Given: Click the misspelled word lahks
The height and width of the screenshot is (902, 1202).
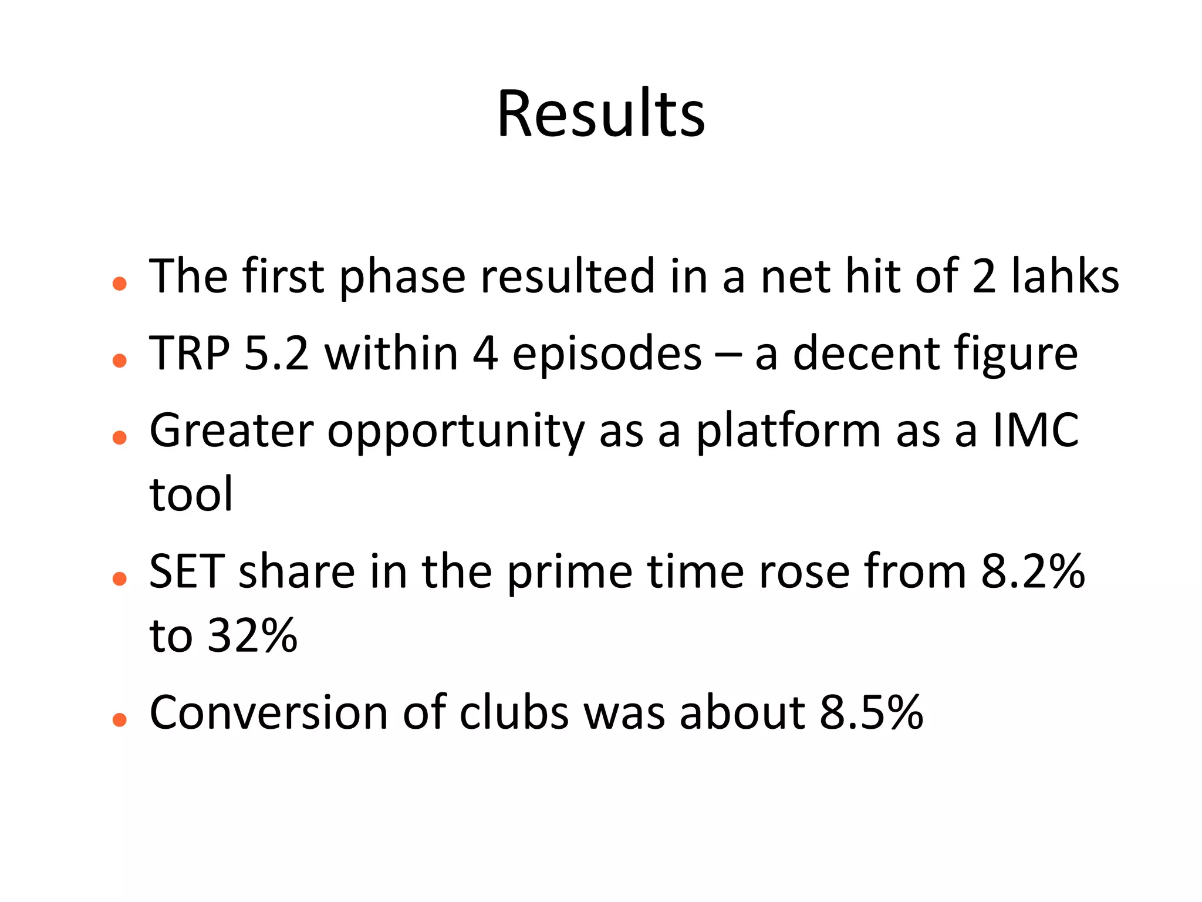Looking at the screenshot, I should [x=1065, y=276].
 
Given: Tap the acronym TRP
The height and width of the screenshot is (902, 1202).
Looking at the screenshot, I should [x=189, y=354].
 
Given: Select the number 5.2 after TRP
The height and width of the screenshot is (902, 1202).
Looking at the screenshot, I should [x=276, y=354].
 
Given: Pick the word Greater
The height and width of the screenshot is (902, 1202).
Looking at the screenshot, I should [x=232, y=430].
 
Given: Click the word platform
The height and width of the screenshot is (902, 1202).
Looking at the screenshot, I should [x=789, y=430].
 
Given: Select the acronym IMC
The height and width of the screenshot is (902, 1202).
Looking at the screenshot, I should [x=1036, y=430].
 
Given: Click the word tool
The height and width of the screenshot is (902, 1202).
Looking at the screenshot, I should [x=191, y=494].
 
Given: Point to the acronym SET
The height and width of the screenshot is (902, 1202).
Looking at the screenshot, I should [x=187, y=571].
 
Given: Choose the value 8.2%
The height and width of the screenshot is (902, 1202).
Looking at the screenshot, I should [x=1033, y=571].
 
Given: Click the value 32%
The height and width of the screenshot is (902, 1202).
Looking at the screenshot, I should [x=253, y=636].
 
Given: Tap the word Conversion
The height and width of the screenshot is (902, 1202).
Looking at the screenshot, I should [x=269, y=713].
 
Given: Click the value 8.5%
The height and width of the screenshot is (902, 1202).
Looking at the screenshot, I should [x=872, y=713].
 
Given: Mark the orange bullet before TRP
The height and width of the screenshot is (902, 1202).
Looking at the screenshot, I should [x=120, y=360].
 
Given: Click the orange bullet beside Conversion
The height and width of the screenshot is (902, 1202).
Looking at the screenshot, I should [x=120, y=719].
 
